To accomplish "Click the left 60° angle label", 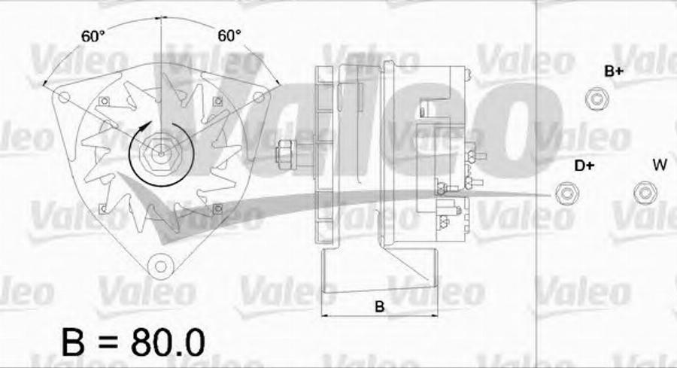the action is pos(93,36).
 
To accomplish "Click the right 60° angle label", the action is pos(229,35).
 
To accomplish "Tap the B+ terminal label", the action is pos(614,71).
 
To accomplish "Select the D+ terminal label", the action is pos(584,166).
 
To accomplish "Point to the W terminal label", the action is pos(660,165).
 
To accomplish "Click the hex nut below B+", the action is pos(597,99).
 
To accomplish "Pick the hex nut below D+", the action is pos(566,193).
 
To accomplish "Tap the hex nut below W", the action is pos(645,193).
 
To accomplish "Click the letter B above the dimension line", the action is pos(380,306).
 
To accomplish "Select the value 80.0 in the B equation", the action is pos(168,343).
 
